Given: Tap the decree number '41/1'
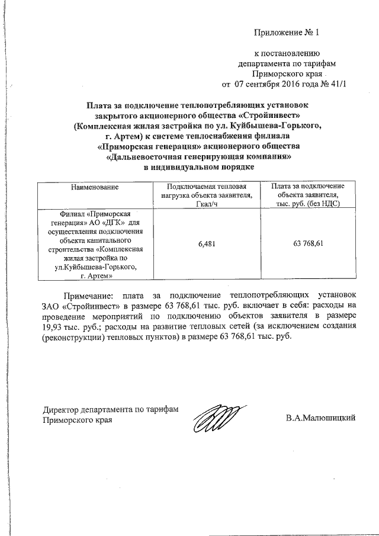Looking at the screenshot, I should pyautogui.click(x=334, y=84).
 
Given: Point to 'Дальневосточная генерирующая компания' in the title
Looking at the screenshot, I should pyautogui.click(x=200, y=158).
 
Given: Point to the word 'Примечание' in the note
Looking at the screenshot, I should pyautogui.click(x=88, y=294).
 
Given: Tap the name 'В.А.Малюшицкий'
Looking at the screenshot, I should pyautogui.click(x=320, y=418).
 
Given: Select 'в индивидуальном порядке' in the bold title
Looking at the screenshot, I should pyautogui.click(x=200, y=168).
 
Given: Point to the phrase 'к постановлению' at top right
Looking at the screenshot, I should pyautogui.click(x=287, y=53).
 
